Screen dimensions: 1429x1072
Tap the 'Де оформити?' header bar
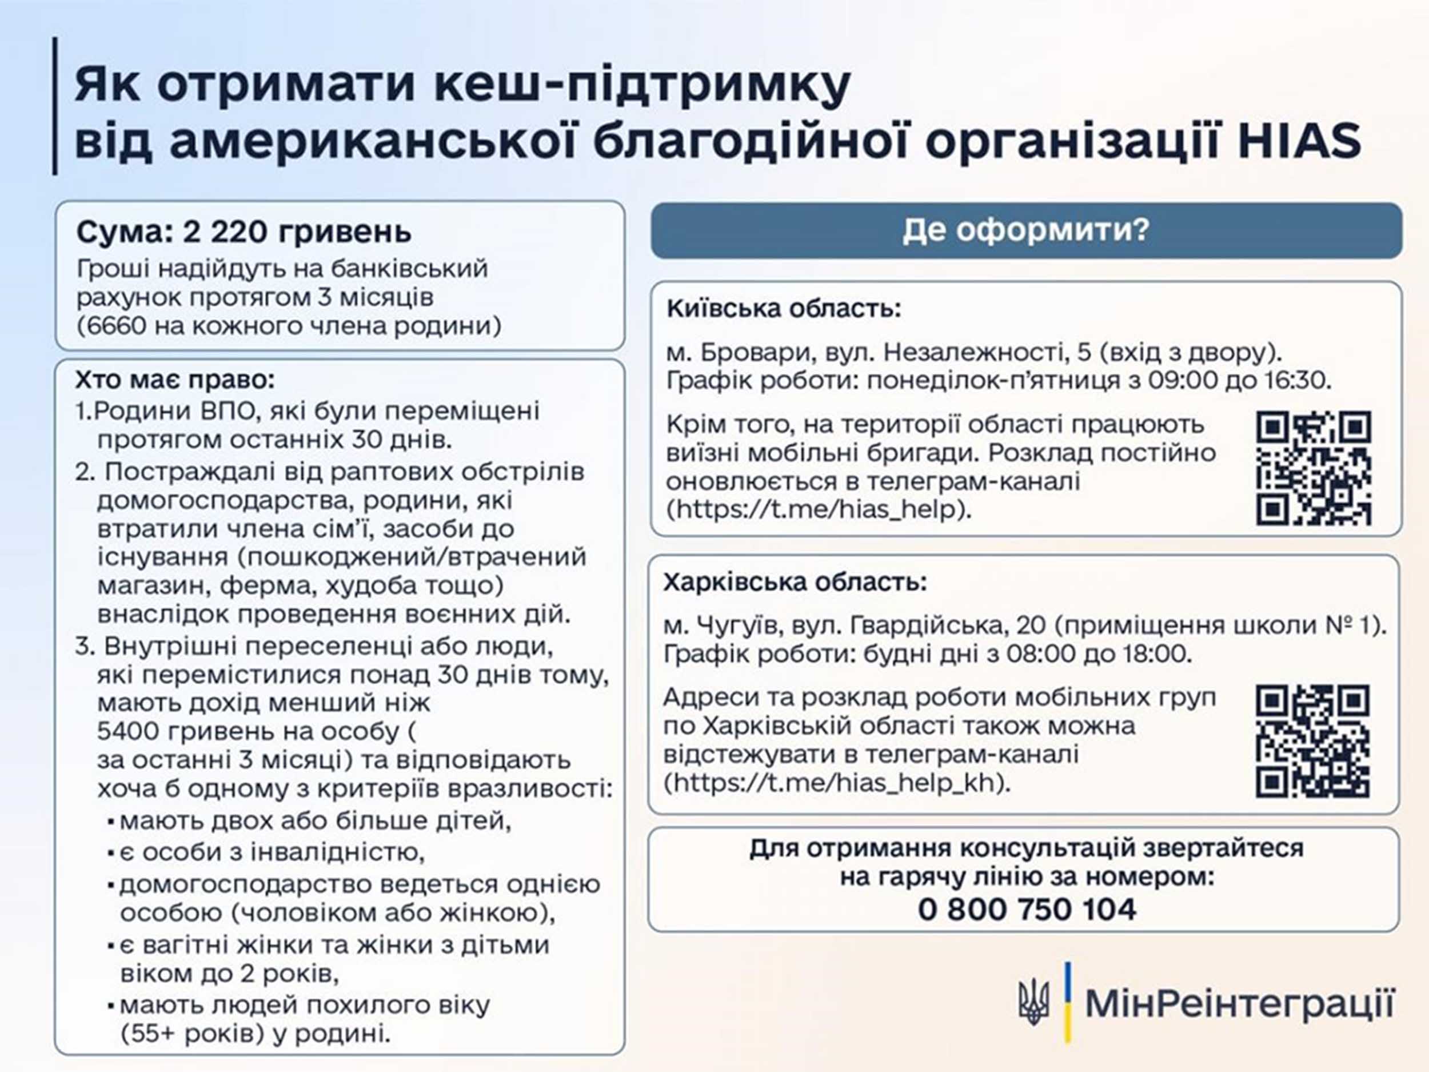(1027, 230)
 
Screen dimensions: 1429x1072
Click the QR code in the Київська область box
(1314, 468)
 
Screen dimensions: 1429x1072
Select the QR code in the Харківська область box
(1313, 742)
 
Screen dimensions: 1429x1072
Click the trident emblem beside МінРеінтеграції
(1033, 1002)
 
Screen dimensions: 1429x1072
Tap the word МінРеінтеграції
(1240, 1003)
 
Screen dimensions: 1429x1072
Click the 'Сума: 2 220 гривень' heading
(244, 232)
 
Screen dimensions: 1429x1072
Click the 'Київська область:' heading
(784, 308)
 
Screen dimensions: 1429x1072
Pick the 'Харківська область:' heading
(795, 582)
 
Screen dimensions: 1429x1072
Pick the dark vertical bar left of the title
(55, 106)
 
